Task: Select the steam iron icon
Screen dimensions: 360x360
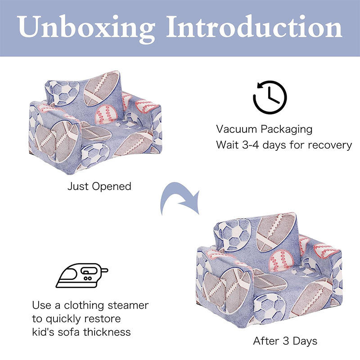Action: (x=81, y=275)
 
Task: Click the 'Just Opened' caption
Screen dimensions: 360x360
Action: (x=99, y=186)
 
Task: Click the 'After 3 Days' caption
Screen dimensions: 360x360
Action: (x=285, y=341)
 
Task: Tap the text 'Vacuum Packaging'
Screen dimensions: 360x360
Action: (x=264, y=129)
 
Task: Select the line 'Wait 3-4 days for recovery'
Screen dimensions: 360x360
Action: (x=283, y=145)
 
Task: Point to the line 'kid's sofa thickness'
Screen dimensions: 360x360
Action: (x=81, y=332)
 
